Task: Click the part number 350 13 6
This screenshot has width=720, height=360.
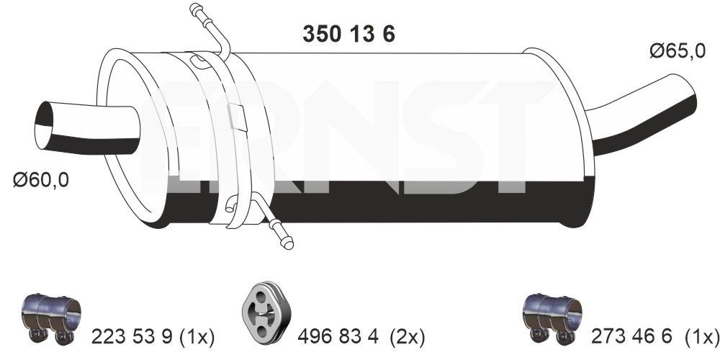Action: (346, 35)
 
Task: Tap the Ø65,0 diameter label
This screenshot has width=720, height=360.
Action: (676, 51)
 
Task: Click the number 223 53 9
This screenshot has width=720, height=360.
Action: (133, 336)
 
